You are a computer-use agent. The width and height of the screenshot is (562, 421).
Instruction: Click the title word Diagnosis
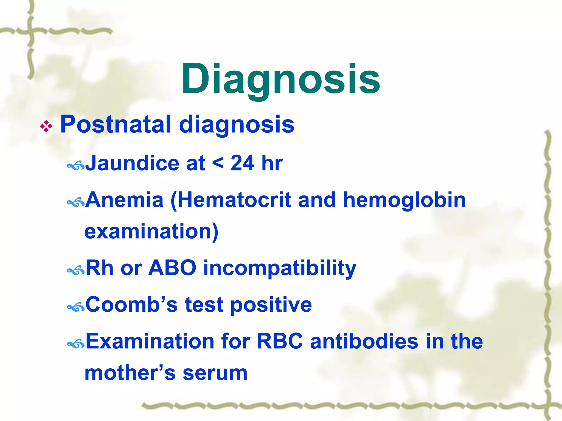pyautogui.click(x=280, y=79)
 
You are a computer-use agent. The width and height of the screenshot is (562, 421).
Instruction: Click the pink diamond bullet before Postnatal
pyautogui.click(x=46, y=127)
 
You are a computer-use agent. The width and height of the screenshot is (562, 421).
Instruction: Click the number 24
pyautogui.click(x=242, y=163)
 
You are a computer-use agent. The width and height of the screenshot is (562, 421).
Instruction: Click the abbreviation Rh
pyautogui.click(x=99, y=268)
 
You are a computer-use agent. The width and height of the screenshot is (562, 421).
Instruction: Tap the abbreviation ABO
pyautogui.click(x=172, y=268)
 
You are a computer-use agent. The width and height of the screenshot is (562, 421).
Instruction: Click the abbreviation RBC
pyautogui.click(x=279, y=342)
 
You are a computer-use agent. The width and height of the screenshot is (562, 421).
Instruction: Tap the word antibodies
pyautogui.click(x=364, y=342)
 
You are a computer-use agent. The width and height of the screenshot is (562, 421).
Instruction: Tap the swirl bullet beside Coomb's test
pyautogui.click(x=76, y=307)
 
